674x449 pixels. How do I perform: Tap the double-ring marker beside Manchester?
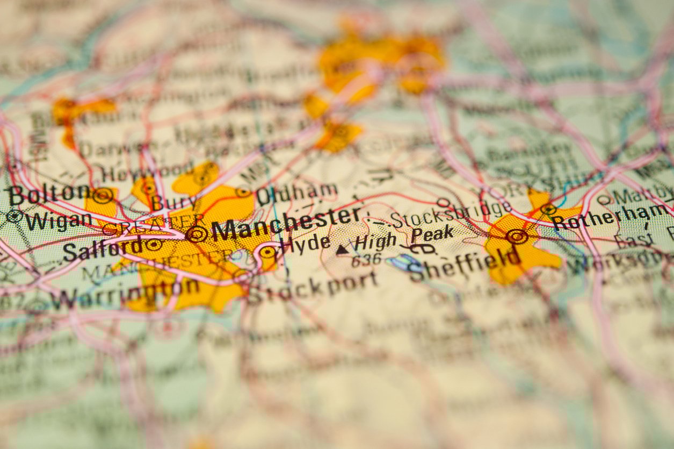pyautogui.click(x=196, y=234)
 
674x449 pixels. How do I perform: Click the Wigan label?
pyautogui.click(x=58, y=220)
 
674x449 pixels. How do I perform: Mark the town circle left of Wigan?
pyautogui.click(x=14, y=216)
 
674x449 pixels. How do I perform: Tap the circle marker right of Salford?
pyautogui.click(x=154, y=245)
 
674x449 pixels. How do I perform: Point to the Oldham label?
pyautogui.click(x=296, y=194)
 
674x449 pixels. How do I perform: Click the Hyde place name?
pyautogui.click(x=306, y=243)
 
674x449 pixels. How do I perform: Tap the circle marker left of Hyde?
pyautogui.click(x=267, y=252)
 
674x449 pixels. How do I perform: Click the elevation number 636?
pyautogui.click(x=366, y=260)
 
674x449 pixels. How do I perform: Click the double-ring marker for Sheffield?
pyautogui.click(x=517, y=236)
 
